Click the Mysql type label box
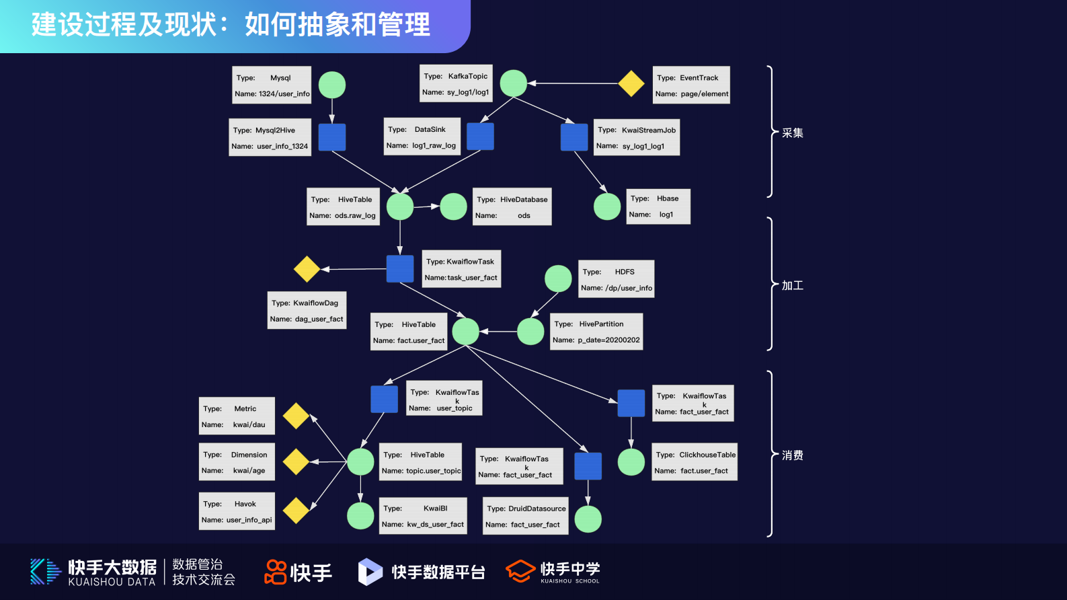tap(272, 85)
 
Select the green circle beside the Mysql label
tap(332, 85)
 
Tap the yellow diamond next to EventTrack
tap(631, 83)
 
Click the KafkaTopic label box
tap(456, 84)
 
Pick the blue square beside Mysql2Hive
tap(332, 137)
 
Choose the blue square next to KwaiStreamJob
tap(574, 137)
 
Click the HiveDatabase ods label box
tap(512, 207)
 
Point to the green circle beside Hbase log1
tap(607, 207)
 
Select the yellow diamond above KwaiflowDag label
tap(307, 269)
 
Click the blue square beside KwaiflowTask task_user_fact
tap(400, 269)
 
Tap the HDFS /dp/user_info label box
tap(617, 279)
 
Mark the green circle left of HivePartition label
tap(530, 332)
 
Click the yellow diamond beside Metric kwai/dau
tap(296, 416)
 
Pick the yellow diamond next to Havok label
tap(296, 511)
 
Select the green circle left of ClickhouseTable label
tap(631, 462)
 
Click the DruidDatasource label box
tap(526, 516)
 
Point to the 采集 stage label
tap(792, 133)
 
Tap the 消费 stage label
tap(792, 455)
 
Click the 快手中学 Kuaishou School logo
tap(553, 572)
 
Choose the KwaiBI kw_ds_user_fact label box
tap(423, 516)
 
